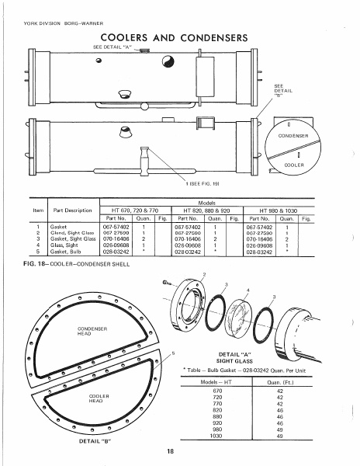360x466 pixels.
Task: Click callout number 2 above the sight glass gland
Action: point(204,275)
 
